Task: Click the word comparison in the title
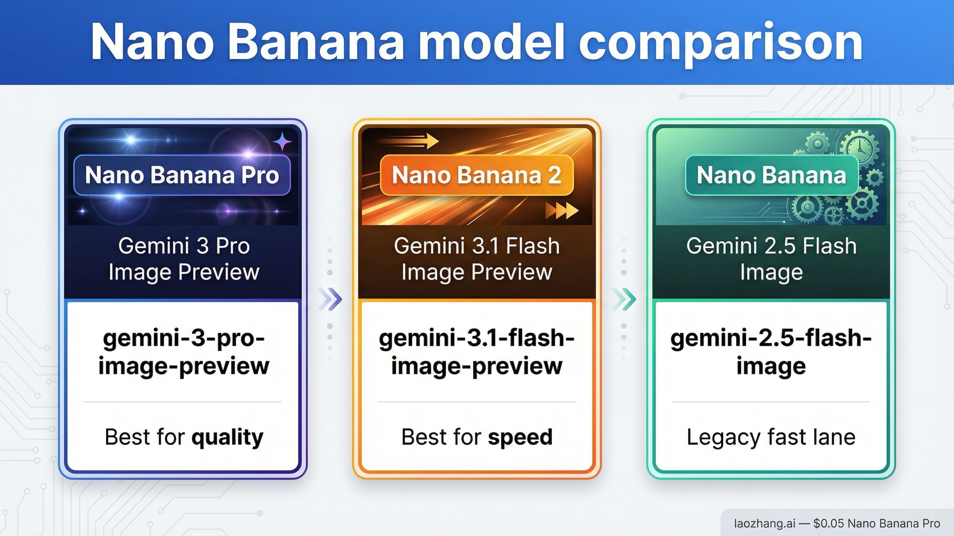720,43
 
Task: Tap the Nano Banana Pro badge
182,175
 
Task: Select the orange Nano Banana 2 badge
477,175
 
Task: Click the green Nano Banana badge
771,175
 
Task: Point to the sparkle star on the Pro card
282,141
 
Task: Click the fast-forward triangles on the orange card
561,210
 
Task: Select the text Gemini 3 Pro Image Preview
184,258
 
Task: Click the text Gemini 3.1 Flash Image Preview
477,258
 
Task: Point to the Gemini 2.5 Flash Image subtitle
771,258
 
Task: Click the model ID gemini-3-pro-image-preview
184,352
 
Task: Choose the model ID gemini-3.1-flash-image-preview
477,352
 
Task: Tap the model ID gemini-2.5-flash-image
771,352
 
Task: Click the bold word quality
227,438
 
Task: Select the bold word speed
520,437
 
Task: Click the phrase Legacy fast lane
771,437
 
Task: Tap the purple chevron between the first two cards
331,299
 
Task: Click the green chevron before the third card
624,299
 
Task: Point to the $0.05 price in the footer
828,523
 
